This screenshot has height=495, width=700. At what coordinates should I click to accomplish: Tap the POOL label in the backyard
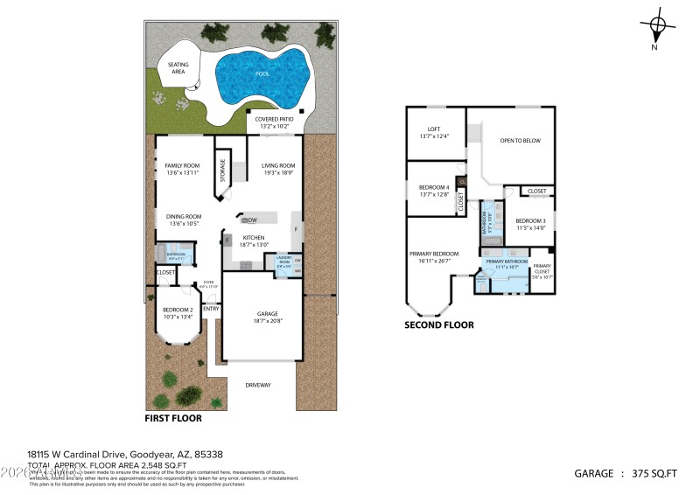[262, 74]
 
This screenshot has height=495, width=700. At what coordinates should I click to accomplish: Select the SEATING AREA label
[178, 67]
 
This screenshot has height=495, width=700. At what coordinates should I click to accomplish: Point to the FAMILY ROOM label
[183, 165]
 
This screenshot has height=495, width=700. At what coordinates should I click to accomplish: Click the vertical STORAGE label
[222, 169]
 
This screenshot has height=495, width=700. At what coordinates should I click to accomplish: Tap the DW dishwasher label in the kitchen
[250, 220]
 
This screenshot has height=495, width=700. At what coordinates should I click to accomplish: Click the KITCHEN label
[254, 238]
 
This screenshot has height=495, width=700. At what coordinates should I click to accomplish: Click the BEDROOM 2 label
[178, 310]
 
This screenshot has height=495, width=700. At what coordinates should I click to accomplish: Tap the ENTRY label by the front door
[210, 309]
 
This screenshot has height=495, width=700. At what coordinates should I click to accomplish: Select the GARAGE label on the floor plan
[267, 313]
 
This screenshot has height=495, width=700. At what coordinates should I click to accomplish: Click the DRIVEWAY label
[257, 385]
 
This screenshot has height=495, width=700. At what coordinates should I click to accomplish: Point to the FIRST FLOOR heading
[173, 418]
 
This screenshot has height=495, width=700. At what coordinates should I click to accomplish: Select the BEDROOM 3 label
[530, 220]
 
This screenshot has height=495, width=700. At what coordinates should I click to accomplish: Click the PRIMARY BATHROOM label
[507, 261]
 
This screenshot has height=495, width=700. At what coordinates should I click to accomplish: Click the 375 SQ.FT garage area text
[654, 473]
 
